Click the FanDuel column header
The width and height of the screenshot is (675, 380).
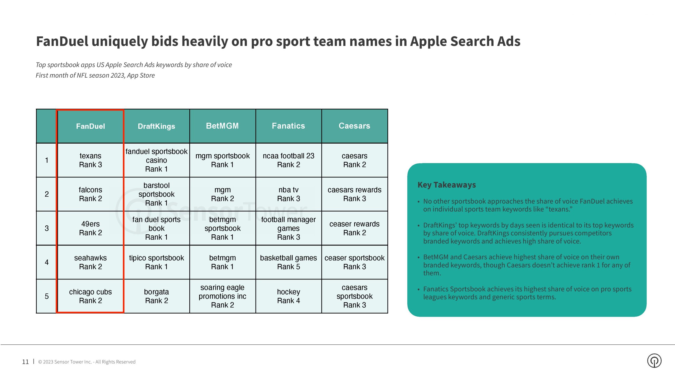[90, 126]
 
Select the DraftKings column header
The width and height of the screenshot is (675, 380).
[157, 126]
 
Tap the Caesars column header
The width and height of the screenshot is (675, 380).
[355, 126]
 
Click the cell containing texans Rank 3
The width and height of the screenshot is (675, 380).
[90, 160]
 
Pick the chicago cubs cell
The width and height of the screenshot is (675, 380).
[90, 296]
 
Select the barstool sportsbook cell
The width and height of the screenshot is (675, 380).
[157, 194]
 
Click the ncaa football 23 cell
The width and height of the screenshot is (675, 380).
[289, 160]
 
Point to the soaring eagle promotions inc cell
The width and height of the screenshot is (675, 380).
[223, 296]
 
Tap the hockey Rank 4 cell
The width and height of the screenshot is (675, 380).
[289, 296]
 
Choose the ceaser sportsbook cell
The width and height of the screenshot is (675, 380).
[355, 262]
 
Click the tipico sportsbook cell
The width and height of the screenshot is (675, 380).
[157, 262]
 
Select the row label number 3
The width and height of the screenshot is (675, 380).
[47, 228]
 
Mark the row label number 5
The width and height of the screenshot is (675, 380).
[47, 296]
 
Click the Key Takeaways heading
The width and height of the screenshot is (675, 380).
[447, 185]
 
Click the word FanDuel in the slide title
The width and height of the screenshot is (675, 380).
[62, 41]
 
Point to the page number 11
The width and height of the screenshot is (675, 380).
[25, 362]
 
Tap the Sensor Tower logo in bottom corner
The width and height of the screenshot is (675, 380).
[654, 361]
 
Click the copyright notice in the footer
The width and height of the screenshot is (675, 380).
[87, 362]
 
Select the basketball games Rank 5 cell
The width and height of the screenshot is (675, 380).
[289, 262]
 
